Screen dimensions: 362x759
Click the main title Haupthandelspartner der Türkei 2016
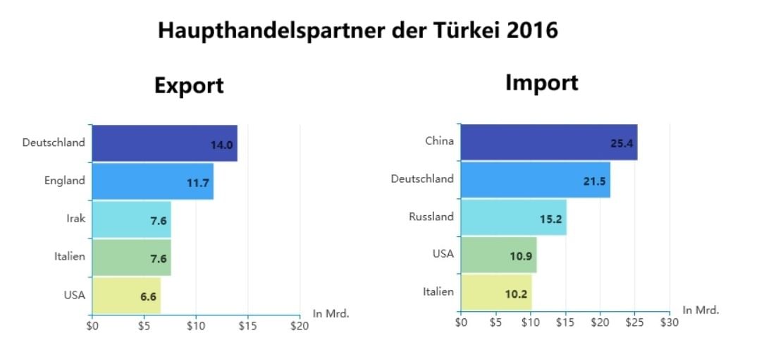pyautogui.click(x=357, y=30)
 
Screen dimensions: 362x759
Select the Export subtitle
pyautogui.click(x=189, y=85)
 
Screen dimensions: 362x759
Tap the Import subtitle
pyautogui.click(x=541, y=83)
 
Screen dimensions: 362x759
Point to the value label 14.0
pyautogui.click(x=221, y=145)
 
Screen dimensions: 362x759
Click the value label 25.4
pyautogui.click(x=622, y=143)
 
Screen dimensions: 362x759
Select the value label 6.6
pyautogui.click(x=148, y=296)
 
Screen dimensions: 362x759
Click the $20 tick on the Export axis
pyautogui.click(x=300, y=326)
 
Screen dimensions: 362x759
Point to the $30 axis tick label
pyautogui.click(x=669, y=322)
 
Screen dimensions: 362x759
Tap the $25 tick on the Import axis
pyautogui.click(x=634, y=322)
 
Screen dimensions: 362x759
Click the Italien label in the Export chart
pyautogui.click(x=69, y=256)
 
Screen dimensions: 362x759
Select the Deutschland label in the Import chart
pyautogui.click(x=422, y=179)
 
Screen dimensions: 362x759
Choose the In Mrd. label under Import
pyautogui.click(x=701, y=310)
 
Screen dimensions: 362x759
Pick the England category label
pyautogui.click(x=64, y=181)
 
